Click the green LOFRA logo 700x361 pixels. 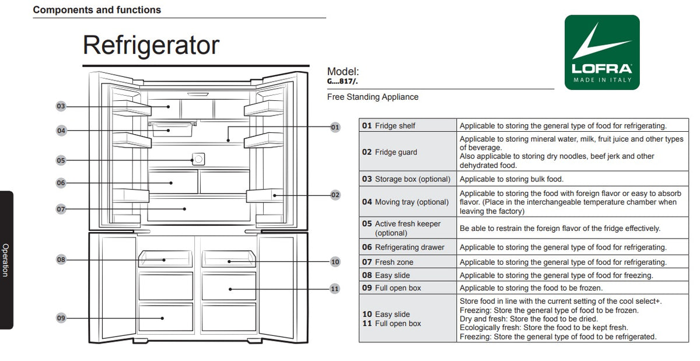602,52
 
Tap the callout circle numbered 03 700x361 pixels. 61,106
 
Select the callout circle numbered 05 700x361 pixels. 61,160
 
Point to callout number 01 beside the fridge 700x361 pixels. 335,127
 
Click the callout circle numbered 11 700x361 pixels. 335,289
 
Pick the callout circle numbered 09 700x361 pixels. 61,318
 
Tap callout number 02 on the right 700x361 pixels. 335,195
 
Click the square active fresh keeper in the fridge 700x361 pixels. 198,159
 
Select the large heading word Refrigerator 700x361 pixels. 151,45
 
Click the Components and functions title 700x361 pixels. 97,10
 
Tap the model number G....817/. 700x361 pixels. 342,82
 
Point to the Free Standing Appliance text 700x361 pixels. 373,97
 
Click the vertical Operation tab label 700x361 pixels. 6,260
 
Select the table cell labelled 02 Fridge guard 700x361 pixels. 408,152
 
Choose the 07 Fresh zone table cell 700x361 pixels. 408,262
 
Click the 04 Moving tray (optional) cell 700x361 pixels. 408,202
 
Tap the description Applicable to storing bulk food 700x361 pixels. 511,179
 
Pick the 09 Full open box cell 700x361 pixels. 408,288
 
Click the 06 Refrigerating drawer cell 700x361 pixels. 408,247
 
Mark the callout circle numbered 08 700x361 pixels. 61,260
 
